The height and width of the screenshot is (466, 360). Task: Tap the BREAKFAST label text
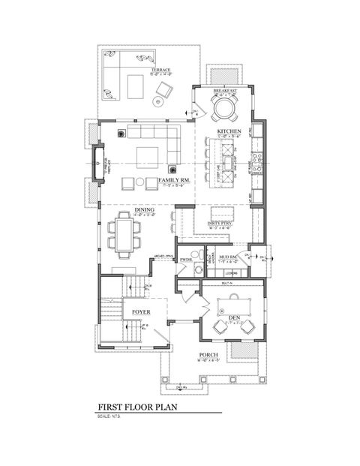click(x=225, y=90)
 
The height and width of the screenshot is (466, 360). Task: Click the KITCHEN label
click(x=229, y=131)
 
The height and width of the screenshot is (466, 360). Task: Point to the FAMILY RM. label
click(x=172, y=181)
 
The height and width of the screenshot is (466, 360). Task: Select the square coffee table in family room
click(x=146, y=155)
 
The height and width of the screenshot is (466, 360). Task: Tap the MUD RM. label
click(x=227, y=257)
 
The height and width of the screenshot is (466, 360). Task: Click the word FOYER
click(x=143, y=311)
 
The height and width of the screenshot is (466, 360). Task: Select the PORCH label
click(x=208, y=354)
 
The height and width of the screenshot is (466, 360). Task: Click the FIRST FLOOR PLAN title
click(x=137, y=408)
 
